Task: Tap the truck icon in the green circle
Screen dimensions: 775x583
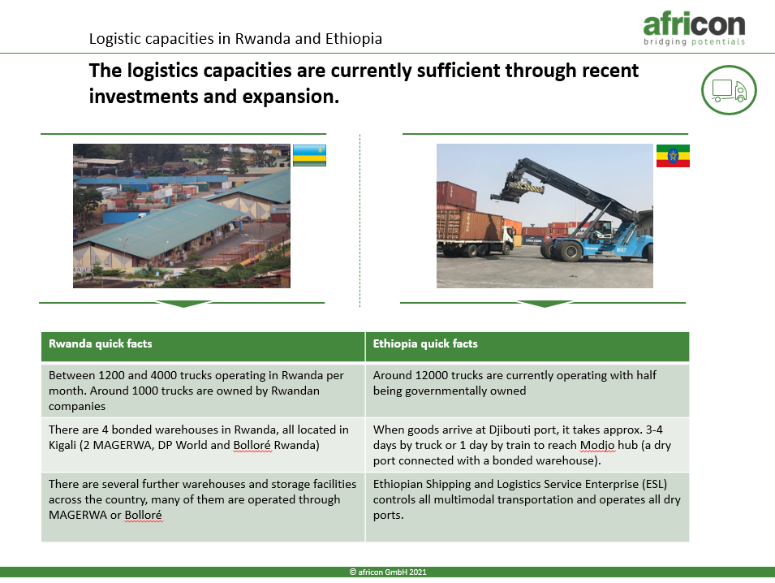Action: coord(729,90)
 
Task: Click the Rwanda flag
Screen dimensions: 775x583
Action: coord(309,155)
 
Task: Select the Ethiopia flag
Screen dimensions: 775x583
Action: coord(673,156)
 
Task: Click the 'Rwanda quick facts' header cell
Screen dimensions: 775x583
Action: coord(203,346)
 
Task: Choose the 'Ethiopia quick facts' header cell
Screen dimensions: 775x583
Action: coord(527,346)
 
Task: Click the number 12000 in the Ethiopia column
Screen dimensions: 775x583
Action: coord(431,375)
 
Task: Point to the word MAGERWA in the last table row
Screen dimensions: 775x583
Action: coord(78,515)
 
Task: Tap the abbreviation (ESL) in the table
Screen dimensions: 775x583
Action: coord(654,484)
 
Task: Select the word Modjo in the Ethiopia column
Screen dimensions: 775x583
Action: coord(597,446)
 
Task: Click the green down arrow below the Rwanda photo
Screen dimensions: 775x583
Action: coord(183,304)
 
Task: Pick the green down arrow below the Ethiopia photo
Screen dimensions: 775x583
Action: coord(544,304)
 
